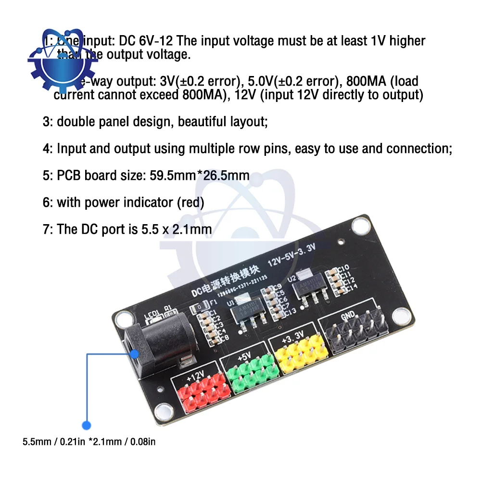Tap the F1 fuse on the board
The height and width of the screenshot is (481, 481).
click(x=199, y=306)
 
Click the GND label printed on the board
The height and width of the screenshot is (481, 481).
click(x=348, y=316)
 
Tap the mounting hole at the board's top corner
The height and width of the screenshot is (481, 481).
click(x=358, y=225)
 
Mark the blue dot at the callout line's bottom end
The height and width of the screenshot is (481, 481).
click(x=87, y=425)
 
